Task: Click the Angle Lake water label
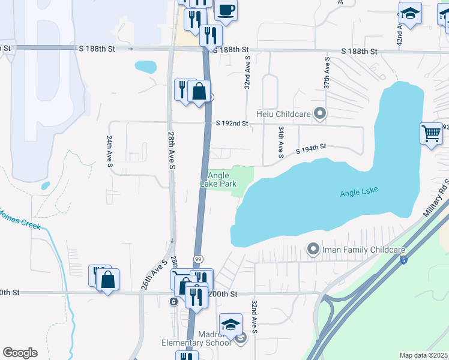[x=359, y=193]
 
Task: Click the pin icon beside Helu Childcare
[x=320, y=113]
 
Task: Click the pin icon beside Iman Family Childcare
[x=312, y=248]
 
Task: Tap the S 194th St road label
[x=310, y=147]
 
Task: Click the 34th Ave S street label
[x=280, y=142]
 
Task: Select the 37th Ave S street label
[x=327, y=73]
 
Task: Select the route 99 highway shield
[x=197, y=258]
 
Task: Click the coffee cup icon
[x=226, y=10]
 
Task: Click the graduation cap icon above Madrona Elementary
[x=231, y=325]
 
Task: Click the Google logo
[x=20, y=353]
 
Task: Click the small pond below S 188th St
[x=145, y=66]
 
